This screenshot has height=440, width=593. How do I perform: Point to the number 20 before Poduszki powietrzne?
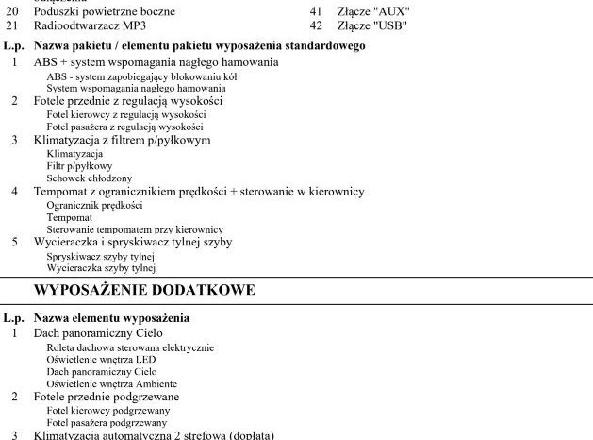(x=12, y=11)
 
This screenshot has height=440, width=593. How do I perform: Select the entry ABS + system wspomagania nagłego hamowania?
(x=156, y=61)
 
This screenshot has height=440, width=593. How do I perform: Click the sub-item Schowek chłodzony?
(x=90, y=178)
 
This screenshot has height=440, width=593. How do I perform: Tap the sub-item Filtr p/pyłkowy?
(x=79, y=165)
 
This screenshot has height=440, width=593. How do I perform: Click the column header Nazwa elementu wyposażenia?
(x=111, y=318)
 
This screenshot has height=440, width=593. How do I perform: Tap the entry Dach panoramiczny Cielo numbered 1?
(x=97, y=333)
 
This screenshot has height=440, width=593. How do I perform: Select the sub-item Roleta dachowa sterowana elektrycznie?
(x=130, y=347)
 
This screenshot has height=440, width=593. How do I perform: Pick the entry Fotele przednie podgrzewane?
(x=107, y=397)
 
